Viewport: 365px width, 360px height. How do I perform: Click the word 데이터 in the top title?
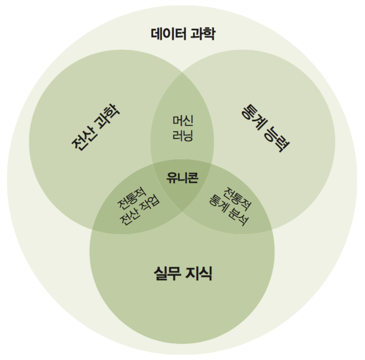[x=168, y=34]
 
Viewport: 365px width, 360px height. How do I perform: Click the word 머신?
[x=182, y=121]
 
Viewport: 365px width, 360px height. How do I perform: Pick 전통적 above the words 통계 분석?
[x=237, y=197]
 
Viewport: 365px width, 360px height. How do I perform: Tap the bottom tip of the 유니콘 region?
[x=182, y=211]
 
